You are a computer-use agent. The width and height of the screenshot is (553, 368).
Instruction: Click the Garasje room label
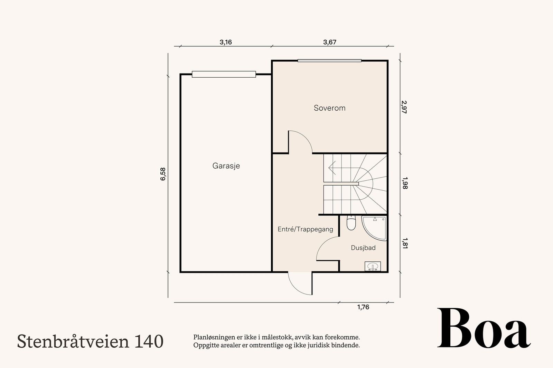(226, 166)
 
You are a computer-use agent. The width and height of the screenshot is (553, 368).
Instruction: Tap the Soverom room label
(329, 108)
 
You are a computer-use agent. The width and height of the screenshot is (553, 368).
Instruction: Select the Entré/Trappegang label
(305, 229)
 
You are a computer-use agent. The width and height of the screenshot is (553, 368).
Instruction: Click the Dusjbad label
(363, 248)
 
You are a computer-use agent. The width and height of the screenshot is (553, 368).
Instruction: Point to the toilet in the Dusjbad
(351, 222)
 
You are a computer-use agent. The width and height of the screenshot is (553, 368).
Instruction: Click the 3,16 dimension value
(226, 42)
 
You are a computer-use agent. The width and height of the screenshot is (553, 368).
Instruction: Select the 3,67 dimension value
(329, 42)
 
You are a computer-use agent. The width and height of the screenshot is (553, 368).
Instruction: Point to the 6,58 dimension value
(163, 174)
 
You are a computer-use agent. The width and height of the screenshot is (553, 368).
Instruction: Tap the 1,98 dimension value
(405, 183)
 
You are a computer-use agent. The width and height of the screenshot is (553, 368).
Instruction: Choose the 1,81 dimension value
(405, 243)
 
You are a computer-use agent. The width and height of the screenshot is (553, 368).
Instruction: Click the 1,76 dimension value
(363, 307)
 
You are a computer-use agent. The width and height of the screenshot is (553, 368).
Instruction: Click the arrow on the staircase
(334, 168)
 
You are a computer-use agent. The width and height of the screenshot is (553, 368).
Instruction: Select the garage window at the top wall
(224, 74)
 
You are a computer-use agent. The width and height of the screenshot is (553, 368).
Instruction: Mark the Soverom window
(329, 61)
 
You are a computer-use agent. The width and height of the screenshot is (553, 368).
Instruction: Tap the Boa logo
(484, 328)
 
